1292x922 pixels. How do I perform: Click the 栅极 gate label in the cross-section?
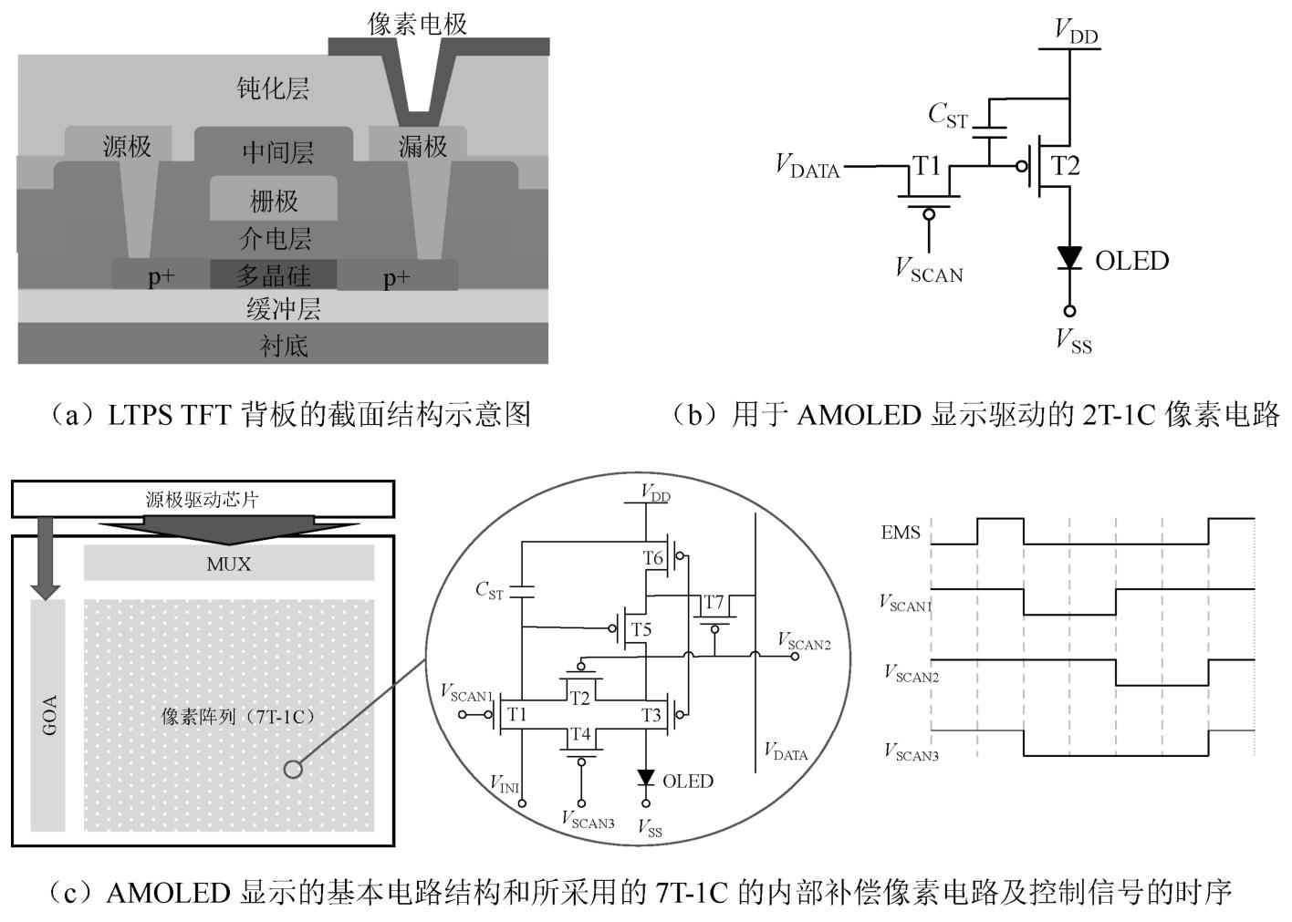(x=274, y=201)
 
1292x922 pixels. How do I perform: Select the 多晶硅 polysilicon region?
(x=274, y=275)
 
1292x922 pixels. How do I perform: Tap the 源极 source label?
(x=127, y=146)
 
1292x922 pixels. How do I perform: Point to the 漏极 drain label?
(x=422, y=146)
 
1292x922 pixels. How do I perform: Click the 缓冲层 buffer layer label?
(x=283, y=309)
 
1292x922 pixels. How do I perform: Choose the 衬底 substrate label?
(x=283, y=346)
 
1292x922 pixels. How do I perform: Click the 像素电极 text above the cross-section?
(x=418, y=24)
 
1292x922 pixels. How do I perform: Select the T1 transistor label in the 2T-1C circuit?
(x=927, y=166)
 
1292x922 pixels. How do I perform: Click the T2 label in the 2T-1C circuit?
(x=1065, y=166)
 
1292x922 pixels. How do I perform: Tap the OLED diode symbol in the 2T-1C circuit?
(x=1069, y=259)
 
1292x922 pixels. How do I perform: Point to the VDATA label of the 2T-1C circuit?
(x=807, y=166)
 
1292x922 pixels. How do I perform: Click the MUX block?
(x=228, y=564)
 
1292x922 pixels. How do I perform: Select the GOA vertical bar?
(x=49, y=715)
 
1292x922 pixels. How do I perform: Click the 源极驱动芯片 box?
(x=203, y=499)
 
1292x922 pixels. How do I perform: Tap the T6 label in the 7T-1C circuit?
(x=652, y=558)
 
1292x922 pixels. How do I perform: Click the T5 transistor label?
(x=641, y=629)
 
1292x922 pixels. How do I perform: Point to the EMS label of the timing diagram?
(x=901, y=533)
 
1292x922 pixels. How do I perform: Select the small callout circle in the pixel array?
(x=293, y=769)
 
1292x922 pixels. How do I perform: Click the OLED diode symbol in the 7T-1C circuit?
(x=646, y=779)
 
